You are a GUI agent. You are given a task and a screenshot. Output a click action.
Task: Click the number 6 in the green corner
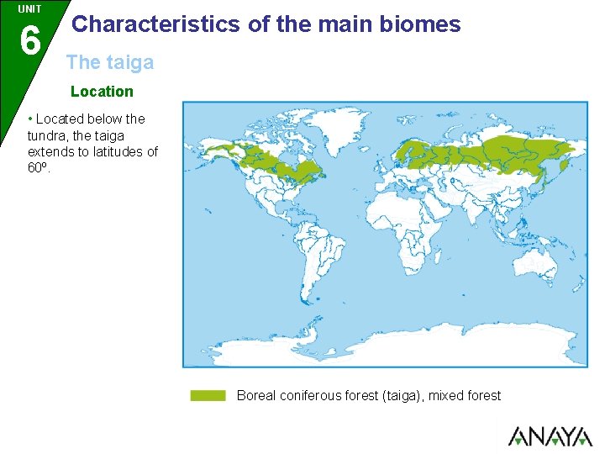tap(29, 39)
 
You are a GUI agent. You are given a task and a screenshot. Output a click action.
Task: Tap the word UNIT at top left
tap(29, 9)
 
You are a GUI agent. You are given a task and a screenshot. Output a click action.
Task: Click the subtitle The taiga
tap(110, 61)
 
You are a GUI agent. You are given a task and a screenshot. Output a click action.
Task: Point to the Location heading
tap(102, 91)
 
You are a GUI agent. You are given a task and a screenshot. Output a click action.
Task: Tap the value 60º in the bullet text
tap(39, 167)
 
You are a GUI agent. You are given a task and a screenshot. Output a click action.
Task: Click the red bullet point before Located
tap(31, 119)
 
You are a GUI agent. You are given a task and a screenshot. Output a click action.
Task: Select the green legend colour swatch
tap(208, 395)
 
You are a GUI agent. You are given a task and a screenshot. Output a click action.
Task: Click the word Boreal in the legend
tap(255, 395)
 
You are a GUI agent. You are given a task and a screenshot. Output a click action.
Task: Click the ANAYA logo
tap(550, 436)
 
